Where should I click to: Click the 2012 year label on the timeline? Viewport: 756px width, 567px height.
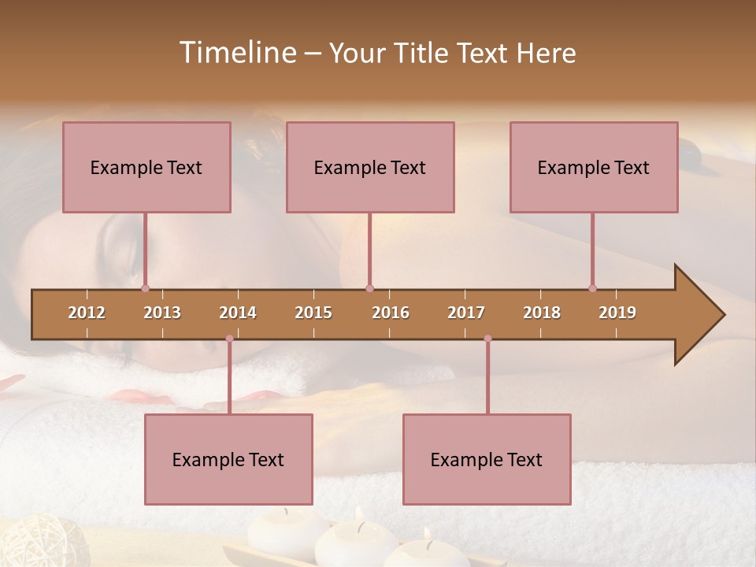87,313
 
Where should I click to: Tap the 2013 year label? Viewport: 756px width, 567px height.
162,313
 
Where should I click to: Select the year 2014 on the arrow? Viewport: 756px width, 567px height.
238,313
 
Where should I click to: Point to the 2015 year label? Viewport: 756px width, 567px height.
313,313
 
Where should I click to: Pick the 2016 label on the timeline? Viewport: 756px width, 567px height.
391,313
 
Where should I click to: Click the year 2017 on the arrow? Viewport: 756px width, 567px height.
466,313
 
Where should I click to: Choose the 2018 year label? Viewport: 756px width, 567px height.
542,313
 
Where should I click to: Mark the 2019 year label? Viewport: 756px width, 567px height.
617,313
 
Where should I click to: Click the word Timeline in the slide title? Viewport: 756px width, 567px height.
236,53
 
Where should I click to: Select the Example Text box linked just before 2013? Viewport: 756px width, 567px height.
146,167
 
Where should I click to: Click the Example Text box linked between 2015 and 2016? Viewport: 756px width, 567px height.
370,167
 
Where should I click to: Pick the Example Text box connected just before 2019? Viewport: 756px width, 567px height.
594,167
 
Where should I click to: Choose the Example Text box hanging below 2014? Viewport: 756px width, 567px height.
228,459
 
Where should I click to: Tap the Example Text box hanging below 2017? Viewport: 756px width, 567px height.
487,459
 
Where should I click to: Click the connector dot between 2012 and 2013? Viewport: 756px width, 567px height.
145,288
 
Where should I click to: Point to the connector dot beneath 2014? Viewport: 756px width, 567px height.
229,339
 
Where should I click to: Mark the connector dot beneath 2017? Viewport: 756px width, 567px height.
487,339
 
